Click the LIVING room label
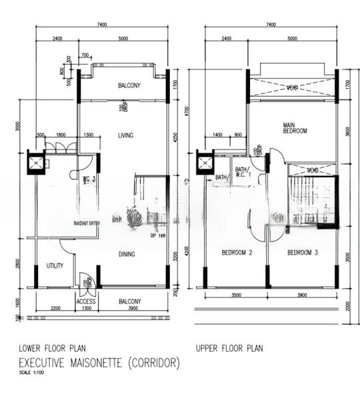pyautogui.click(x=125, y=135)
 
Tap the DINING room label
pyautogui.click(x=127, y=253)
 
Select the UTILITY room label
pyautogui.click(x=55, y=265)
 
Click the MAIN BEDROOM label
pyautogui.click(x=294, y=128)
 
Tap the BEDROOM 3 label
pyautogui.click(x=301, y=253)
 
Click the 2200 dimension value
pyautogui.click(x=55, y=309)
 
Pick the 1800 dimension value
pyautogui.click(x=61, y=135)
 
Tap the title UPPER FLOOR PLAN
pyautogui.click(x=229, y=348)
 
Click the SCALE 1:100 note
pyautogui.click(x=31, y=373)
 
